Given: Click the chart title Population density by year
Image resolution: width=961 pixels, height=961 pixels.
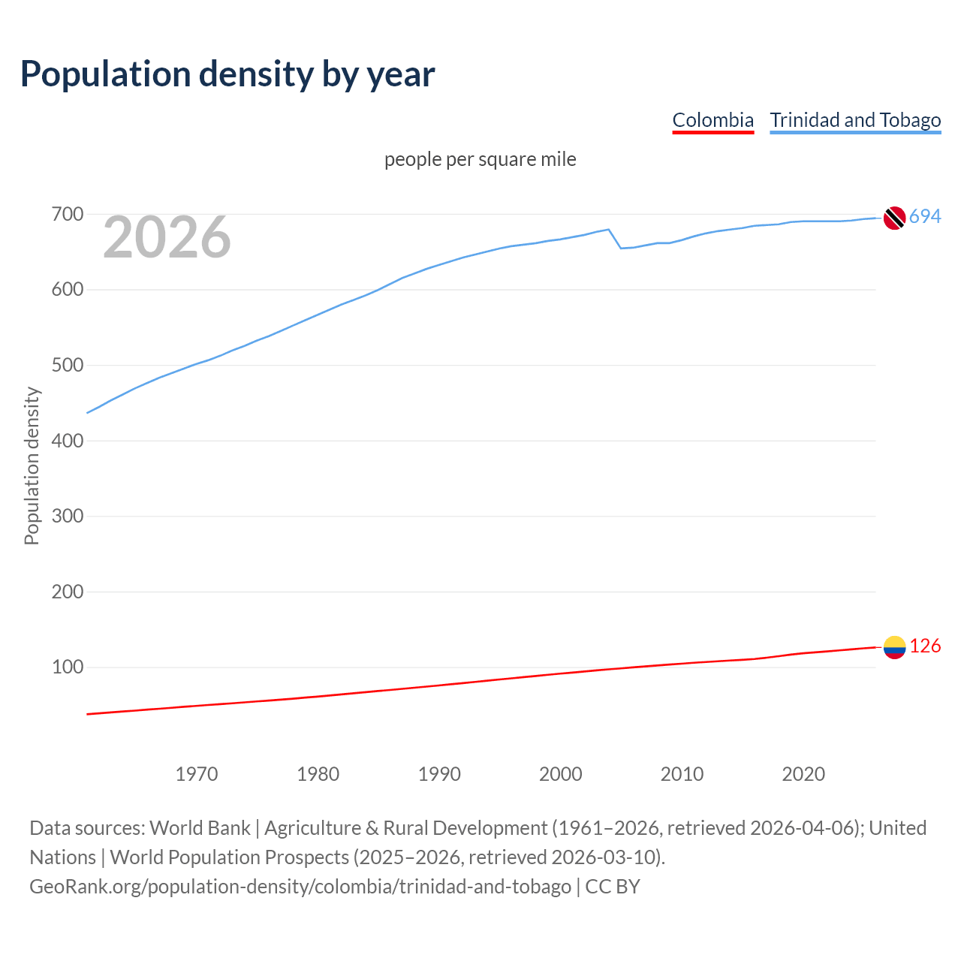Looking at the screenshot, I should click(227, 74).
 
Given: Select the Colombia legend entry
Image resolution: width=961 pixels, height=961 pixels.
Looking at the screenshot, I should click(712, 120).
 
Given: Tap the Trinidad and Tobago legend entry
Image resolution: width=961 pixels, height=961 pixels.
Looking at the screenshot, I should click(855, 120).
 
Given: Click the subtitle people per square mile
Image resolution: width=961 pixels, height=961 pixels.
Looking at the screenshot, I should click(480, 159).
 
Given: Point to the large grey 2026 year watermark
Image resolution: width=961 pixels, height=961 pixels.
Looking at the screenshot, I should click(167, 237).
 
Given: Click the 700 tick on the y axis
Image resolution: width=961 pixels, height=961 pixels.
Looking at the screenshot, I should click(67, 215).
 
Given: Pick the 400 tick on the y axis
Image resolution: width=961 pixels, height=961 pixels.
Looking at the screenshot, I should click(67, 441).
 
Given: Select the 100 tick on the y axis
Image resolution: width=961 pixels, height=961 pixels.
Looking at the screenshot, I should click(67, 667).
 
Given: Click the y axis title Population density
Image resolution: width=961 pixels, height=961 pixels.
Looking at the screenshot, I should click(32, 465).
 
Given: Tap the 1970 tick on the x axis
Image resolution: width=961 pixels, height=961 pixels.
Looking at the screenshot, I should click(197, 774).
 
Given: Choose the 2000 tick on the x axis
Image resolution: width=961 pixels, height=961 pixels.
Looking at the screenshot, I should click(561, 774).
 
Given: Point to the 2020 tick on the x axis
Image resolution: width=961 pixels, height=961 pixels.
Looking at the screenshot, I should click(803, 774).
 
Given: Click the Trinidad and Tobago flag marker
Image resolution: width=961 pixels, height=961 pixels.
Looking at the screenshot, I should click(894, 218).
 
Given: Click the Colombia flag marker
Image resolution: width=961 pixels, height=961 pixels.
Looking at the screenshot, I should click(894, 647).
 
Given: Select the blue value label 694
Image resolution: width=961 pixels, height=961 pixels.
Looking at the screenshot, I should click(925, 217).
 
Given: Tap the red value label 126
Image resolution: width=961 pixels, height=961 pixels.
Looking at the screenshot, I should click(925, 646).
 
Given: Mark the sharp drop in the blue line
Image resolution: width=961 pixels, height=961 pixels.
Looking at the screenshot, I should click(615, 239).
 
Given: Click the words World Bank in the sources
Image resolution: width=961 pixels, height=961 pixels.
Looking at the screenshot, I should click(200, 828).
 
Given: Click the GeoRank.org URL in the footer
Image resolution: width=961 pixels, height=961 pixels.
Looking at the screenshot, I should click(300, 887).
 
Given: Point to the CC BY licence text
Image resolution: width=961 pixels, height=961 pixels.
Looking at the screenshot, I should click(613, 887).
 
